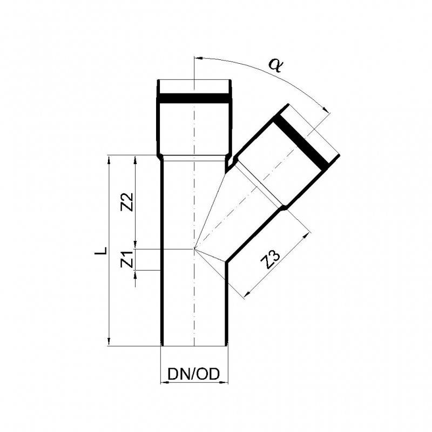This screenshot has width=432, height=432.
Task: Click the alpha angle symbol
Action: click(x=276, y=65)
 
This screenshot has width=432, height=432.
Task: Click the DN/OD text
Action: click(x=194, y=374)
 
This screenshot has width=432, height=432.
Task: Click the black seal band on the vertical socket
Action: click(x=194, y=98)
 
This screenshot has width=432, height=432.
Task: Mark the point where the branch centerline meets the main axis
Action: click(x=194, y=249)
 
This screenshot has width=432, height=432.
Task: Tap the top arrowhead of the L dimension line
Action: click(x=110, y=158)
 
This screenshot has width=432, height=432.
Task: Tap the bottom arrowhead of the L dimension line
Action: click(x=110, y=342)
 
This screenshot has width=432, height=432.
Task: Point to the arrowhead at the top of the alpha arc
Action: click(x=197, y=57)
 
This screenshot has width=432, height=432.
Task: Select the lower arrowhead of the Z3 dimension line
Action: click(x=247, y=294)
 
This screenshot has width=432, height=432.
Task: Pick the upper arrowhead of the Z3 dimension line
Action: click(x=310, y=234)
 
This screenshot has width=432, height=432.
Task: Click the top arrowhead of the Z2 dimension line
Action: click(x=135, y=158)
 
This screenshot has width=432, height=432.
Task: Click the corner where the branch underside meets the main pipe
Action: click(x=225, y=262)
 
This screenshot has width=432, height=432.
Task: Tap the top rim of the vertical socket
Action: click(x=194, y=81)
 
